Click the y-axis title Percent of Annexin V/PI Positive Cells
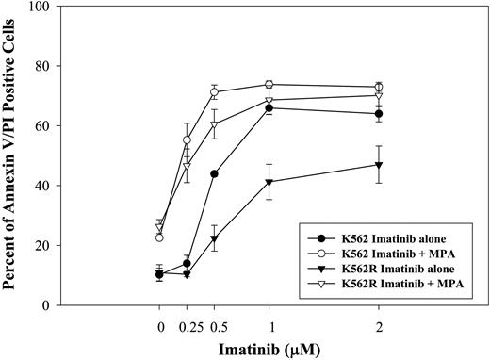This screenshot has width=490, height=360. pyautogui.click(x=16, y=155)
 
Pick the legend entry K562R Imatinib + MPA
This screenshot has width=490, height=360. pyautogui.click(x=388, y=282)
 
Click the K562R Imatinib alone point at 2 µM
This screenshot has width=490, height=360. pyautogui.click(x=379, y=165)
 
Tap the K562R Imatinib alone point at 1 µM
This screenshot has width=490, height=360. pyautogui.click(x=269, y=182)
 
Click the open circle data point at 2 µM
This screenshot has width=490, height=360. pyautogui.click(x=379, y=88)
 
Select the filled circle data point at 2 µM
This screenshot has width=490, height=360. pyautogui.click(x=379, y=114)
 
